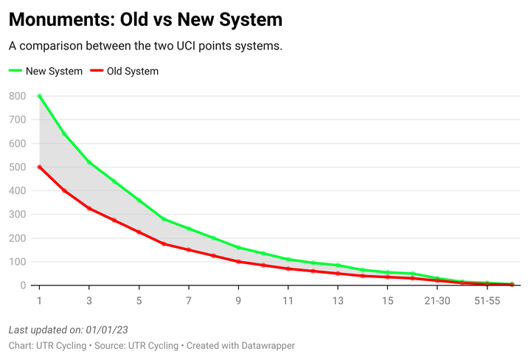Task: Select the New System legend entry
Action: click(x=46, y=72)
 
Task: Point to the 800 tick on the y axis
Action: click(x=17, y=96)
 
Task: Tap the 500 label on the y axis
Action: click(x=17, y=167)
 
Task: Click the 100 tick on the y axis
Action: click(x=17, y=262)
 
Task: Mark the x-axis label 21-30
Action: click(x=437, y=301)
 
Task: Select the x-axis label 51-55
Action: click(x=487, y=301)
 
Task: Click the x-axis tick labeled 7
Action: click(x=189, y=301)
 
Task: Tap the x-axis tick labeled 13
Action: click(x=338, y=301)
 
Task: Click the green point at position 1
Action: click(x=39, y=96)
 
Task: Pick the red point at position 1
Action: click(x=39, y=167)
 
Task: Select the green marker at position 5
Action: click(x=139, y=200)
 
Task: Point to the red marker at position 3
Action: click(x=89, y=208)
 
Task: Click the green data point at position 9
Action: click(x=238, y=247)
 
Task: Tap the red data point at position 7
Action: click(x=189, y=249)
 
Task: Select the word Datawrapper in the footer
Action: click(x=268, y=345)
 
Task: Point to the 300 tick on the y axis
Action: click(x=17, y=215)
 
